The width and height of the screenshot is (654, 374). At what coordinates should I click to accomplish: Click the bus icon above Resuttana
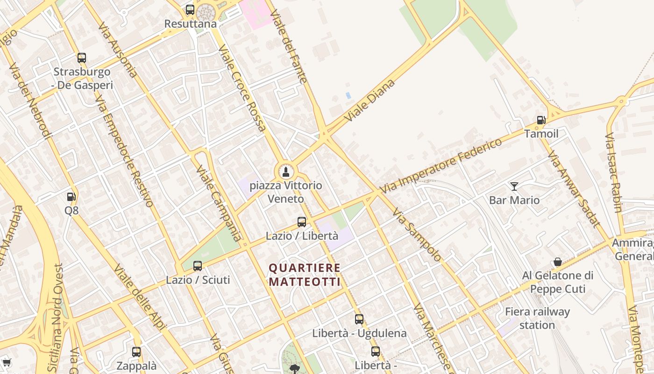click(x=190, y=9)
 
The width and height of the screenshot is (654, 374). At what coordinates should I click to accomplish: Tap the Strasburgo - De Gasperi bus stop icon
click(x=82, y=58)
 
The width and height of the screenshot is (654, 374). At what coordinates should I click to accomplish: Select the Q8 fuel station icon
click(x=71, y=197)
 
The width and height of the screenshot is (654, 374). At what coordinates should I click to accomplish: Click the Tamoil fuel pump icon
click(x=541, y=120)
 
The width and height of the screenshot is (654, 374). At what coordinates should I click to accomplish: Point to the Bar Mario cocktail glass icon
click(x=514, y=187)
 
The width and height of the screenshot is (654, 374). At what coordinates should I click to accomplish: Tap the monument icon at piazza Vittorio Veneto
click(x=285, y=172)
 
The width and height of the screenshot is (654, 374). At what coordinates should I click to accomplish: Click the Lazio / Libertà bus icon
click(x=302, y=222)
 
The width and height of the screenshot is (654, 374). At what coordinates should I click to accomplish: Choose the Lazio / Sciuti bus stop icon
click(x=198, y=266)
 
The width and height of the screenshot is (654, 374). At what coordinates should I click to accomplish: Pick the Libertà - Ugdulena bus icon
click(x=359, y=319)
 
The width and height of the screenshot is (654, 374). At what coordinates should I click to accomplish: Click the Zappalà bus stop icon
click(x=136, y=352)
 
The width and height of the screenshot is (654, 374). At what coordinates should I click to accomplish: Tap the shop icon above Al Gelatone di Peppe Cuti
click(x=557, y=262)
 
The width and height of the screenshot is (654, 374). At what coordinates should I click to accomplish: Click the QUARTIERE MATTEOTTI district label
click(x=305, y=275)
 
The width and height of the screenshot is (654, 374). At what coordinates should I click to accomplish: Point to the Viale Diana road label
click(x=370, y=101)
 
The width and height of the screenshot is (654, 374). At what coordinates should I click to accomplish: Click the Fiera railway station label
click(x=537, y=318)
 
